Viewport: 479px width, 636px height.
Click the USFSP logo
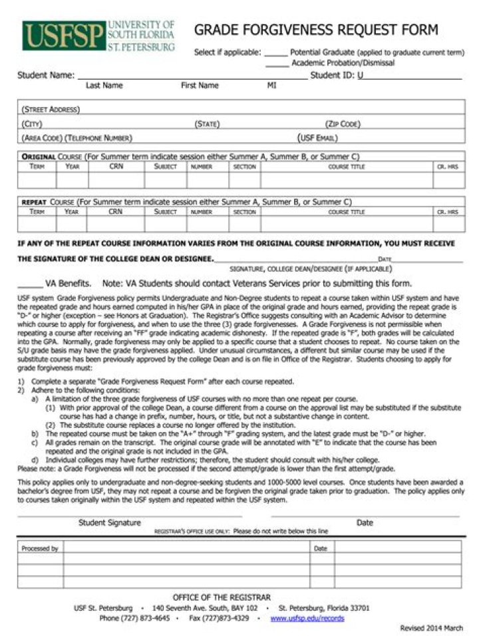[98, 35]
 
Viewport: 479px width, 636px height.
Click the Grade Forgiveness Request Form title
[316, 29]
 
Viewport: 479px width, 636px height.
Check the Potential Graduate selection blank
[275, 53]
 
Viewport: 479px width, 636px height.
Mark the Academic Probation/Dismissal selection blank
[277, 64]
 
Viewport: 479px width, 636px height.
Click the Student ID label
[333, 75]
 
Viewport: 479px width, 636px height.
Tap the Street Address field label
[51, 109]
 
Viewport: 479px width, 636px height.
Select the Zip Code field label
[343, 124]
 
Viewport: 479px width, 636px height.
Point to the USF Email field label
[318, 138]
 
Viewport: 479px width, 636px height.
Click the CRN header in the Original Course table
[116, 167]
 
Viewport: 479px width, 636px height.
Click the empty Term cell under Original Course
[37, 180]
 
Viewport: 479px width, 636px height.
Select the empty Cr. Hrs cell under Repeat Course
[447, 225]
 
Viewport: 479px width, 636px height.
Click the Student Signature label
[109, 523]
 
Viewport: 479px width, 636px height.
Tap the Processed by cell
[40, 548]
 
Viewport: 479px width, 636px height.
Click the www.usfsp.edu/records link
[307, 618]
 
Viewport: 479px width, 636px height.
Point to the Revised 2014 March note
[431, 628]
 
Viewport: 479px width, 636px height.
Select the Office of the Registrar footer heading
[222, 597]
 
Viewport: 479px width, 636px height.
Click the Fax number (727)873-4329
[219, 618]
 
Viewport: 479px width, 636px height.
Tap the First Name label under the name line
[200, 86]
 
